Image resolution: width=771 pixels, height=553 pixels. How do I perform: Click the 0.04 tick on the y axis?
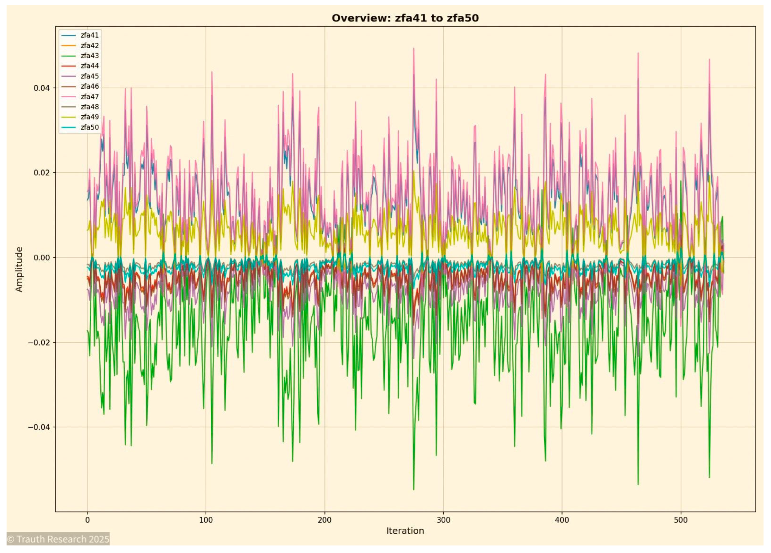point(41,88)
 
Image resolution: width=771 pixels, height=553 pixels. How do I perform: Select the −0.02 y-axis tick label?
point(39,342)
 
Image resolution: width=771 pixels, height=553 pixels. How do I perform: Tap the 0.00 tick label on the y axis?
point(41,258)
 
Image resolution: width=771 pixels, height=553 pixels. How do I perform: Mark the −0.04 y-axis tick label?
point(39,427)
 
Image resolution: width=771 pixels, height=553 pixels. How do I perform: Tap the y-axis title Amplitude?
point(19,269)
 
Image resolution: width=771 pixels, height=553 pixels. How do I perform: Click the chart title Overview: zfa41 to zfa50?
point(405,18)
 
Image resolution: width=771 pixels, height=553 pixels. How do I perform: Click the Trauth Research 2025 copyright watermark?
point(58,539)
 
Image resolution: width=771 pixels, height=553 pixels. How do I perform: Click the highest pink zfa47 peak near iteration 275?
point(414,48)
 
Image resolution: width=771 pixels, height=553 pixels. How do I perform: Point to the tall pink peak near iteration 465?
point(638,53)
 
